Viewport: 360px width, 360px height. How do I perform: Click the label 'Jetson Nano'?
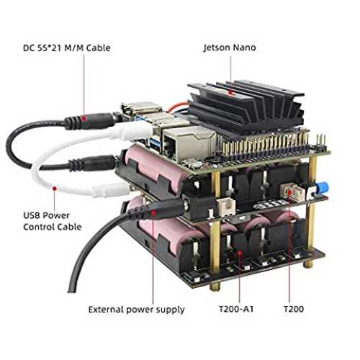(230, 48)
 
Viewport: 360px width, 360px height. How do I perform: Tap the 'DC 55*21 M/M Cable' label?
(67, 48)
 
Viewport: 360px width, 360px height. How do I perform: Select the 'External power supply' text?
(136, 310)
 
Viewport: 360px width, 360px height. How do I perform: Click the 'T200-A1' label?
(236, 309)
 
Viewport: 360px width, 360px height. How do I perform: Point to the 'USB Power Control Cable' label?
(53, 221)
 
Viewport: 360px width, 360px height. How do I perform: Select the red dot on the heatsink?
(230, 92)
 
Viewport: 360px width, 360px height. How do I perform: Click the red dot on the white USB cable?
(55, 189)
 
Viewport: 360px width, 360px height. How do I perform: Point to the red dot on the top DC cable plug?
(84, 118)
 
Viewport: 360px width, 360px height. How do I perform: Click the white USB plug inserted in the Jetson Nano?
(132, 130)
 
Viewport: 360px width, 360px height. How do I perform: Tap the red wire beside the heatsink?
(177, 107)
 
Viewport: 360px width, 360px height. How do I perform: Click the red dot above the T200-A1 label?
(239, 252)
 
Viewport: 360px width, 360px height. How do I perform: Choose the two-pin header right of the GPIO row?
(321, 143)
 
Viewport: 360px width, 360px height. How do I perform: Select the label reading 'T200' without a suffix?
(294, 309)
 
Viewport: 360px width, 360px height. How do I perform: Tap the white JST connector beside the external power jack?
(226, 207)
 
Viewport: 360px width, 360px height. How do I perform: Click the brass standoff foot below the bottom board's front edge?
(215, 287)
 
